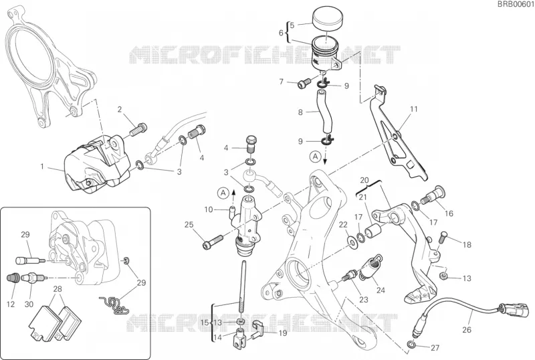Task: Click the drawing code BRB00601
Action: coord(515,4)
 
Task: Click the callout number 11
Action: coord(413,109)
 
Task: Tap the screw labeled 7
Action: coord(304,82)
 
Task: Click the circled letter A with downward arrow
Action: coord(316,157)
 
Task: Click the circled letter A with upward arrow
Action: coord(223,193)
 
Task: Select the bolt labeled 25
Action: coord(213,241)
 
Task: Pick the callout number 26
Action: coord(466,330)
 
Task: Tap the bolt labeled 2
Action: coord(138,128)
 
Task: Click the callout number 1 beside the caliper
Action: coord(42,167)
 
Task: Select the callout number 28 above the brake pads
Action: coord(58,289)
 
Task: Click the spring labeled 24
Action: coord(370,266)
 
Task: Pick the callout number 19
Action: coord(283,333)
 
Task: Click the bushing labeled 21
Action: coord(373,232)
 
